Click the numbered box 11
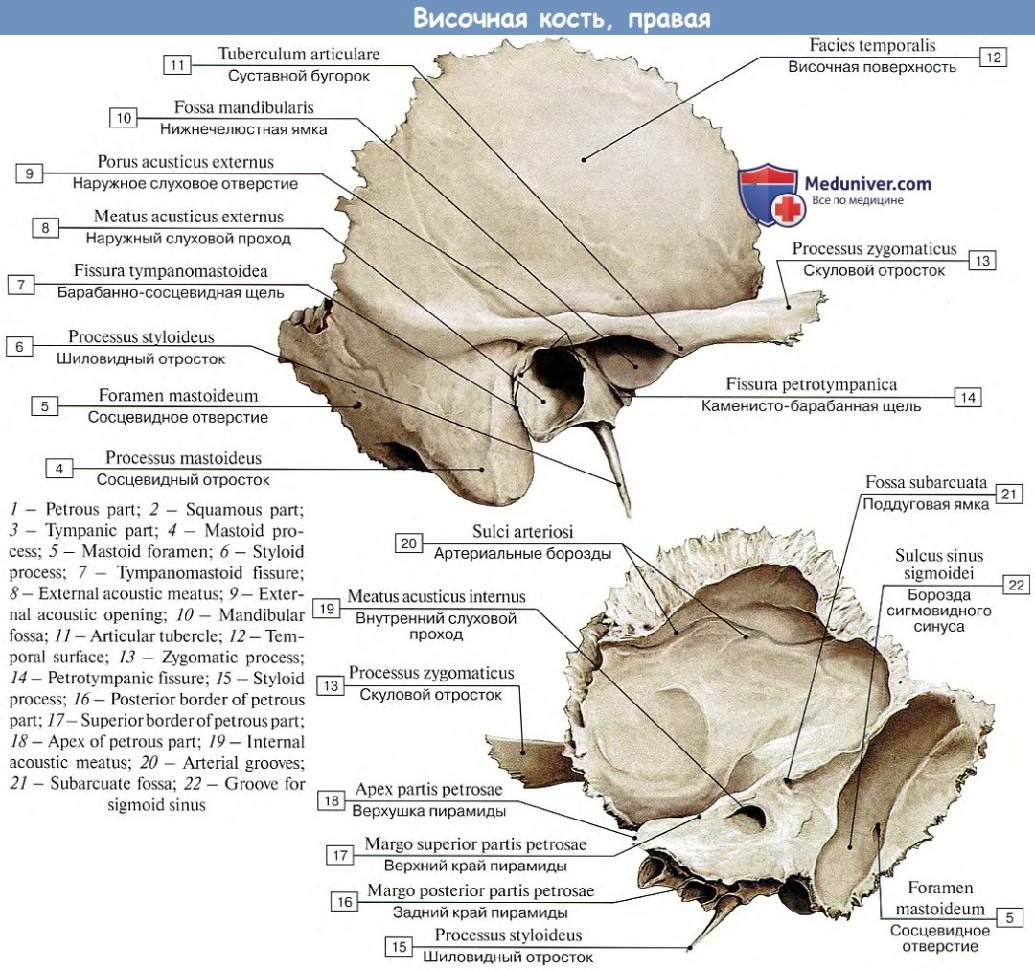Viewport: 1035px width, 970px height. click(177, 65)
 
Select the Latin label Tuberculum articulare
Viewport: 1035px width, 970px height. click(299, 54)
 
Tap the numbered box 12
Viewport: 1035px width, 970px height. click(992, 58)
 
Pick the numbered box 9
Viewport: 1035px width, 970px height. click(30, 173)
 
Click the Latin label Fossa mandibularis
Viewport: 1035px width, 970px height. click(243, 107)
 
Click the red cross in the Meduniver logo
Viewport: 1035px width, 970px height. click(790, 209)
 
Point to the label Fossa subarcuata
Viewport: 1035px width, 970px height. click(926, 482)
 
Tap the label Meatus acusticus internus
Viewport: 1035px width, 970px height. click(436, 596)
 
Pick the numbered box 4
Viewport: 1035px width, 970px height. click(59, 469)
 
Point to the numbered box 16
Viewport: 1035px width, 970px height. click(344, 901)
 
